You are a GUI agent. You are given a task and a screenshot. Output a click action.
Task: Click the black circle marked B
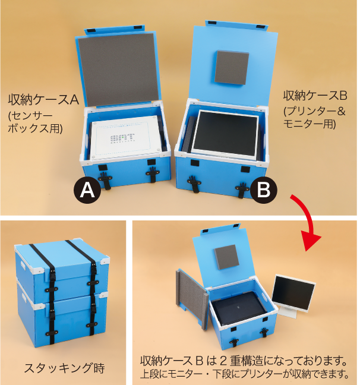point(263,190)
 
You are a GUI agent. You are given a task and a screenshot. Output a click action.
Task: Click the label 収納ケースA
point(43,99)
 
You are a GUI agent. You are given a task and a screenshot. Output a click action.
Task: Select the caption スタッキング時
point(59,367)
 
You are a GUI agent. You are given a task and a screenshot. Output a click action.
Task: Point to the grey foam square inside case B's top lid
point(232,67)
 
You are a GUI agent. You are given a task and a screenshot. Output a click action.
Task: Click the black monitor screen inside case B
point(225,134)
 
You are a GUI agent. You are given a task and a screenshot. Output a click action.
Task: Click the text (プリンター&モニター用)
point(314,117)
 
